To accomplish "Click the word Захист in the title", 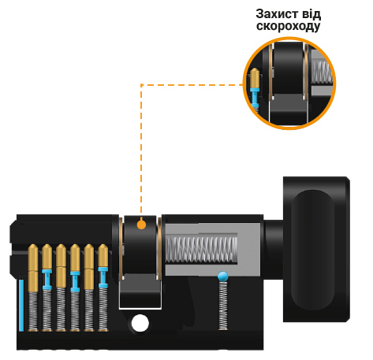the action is click(278, 14).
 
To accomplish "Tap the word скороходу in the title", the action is click(289, 26).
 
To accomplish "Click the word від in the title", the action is click(311, 14).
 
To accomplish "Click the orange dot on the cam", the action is click(141, 225).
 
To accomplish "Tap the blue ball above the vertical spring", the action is click(223, 276).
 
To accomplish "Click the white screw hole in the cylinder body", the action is click(140, 323).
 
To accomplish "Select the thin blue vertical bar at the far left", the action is click(21, 305).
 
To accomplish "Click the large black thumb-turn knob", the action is click(316, 250).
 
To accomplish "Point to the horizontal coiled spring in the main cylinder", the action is click(201, 250).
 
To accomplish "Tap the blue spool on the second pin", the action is click(47, 280).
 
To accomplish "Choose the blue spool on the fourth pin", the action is click(75, 281).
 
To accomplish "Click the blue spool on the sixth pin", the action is click(103, 277).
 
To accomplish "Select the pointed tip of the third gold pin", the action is click(61, 245).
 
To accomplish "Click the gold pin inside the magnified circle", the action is click(255, 78).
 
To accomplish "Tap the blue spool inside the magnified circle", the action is click(255, 98).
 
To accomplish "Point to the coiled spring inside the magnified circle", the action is click(322, 72).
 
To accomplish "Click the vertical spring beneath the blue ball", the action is click(223, 306).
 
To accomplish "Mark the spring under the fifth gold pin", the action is click(89, 310).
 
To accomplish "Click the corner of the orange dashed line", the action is click(141, 85).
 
